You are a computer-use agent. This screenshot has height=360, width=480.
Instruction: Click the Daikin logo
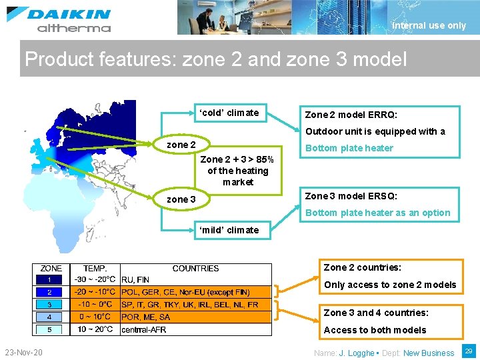59,19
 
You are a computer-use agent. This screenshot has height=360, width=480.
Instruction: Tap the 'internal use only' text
429,26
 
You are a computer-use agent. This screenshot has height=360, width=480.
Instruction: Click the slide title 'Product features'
215,59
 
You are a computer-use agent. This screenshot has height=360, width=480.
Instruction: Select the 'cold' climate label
229,113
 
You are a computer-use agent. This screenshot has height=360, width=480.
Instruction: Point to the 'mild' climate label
229,230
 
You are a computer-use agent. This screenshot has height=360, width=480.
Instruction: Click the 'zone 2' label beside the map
181,145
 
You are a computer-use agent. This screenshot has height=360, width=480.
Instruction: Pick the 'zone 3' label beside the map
181,199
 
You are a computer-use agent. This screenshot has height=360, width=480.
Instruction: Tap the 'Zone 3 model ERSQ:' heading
351,196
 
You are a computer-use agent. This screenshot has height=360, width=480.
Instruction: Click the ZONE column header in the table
51,269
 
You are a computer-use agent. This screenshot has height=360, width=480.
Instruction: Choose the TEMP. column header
95,269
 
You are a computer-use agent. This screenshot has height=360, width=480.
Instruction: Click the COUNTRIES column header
195,269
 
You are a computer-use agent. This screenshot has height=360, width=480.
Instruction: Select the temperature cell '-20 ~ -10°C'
95,292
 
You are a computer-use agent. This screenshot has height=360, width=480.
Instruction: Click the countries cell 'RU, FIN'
135,280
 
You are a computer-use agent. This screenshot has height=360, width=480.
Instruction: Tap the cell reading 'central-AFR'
143,329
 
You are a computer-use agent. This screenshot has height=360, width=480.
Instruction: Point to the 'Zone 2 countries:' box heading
363,267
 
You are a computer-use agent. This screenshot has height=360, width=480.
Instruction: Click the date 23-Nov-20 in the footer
23,352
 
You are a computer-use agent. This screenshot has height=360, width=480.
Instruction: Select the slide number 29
469,351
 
